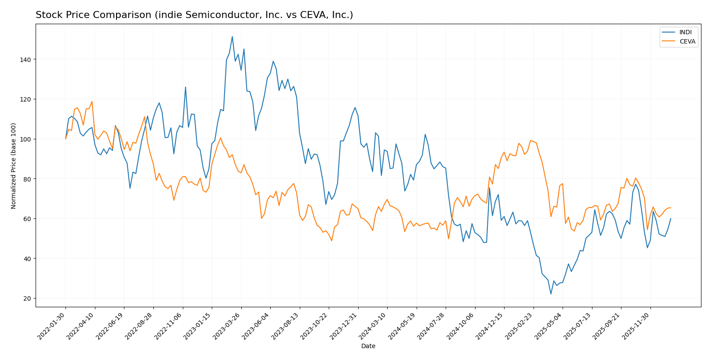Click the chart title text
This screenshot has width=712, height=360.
(194, 15)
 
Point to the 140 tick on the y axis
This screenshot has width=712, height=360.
(27, 59)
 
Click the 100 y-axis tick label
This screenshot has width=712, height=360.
(27, 139)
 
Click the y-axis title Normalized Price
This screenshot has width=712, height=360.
(14, 166)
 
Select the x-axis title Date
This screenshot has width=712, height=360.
(368, 346)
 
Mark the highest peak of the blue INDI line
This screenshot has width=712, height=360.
(232, 36)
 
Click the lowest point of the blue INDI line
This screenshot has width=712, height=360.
(551, 294)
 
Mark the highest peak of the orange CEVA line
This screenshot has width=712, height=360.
(92, 102)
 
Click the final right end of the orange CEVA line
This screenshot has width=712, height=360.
(671, 208)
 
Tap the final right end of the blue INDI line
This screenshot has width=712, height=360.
(671, 218)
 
